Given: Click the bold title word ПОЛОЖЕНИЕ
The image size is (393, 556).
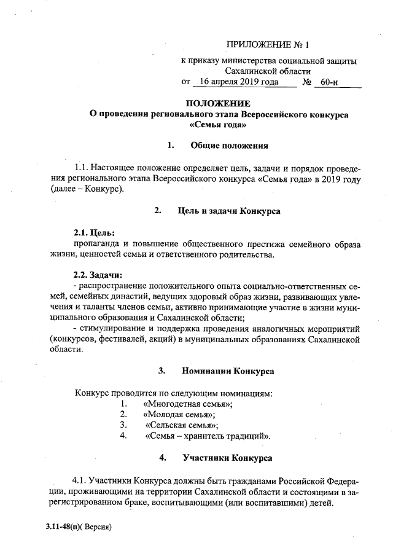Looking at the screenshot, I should point(218,103).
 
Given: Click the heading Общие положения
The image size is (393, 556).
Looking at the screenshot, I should point(229,146).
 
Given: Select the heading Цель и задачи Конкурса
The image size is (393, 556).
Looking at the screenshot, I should point(228,211).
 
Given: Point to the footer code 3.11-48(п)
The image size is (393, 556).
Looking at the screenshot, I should point(63,527).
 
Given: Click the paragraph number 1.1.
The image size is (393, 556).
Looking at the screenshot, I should point(82,168).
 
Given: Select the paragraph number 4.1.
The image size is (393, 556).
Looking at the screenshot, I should point(80,480).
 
